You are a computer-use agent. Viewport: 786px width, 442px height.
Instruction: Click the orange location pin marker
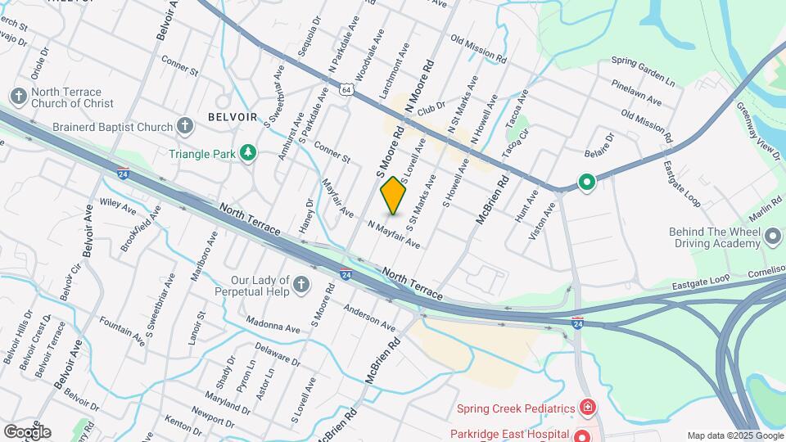click(394, 196)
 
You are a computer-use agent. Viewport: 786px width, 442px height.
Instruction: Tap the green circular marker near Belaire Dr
click(586, 182)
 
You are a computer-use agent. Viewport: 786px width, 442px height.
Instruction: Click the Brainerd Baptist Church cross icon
click(185, 127)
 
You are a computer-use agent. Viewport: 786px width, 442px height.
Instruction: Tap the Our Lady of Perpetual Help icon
click(301, 284)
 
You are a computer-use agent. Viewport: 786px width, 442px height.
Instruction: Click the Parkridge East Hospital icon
click(582, 435)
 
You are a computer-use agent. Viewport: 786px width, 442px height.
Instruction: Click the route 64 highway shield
click(347, 89)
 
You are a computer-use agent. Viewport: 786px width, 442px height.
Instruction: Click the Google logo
click(27, 431)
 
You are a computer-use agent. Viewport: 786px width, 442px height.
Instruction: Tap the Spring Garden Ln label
click(643, 72)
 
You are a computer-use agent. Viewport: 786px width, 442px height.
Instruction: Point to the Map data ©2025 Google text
click(735, 435)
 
